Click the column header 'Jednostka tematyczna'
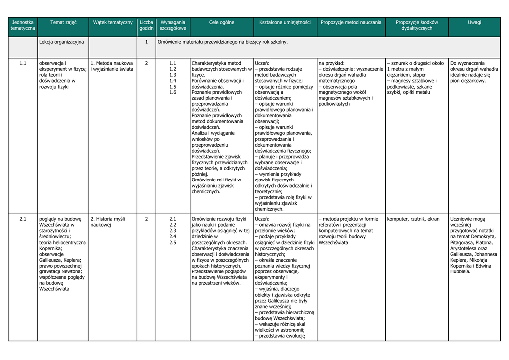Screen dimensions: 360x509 [x=23, y=25]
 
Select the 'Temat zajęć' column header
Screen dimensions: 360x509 [x=63, y=22]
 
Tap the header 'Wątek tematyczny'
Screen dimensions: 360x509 [x=113, y=22]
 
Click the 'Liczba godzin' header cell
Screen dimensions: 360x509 [x=146, y=25]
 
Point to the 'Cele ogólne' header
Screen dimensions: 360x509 [x=221, y=22]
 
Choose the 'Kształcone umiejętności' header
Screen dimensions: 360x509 [x=285, y=22]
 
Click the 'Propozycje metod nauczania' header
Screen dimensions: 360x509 [x=351, y=22]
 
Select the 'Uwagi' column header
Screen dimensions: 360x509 [x=474, y=22]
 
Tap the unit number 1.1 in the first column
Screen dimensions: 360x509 [x=23, y=63]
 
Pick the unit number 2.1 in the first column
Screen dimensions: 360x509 [x=23, y=219]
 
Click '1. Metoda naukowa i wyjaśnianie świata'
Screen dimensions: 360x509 [x=112, y=66]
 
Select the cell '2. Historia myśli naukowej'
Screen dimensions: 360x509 [x=108, y=222]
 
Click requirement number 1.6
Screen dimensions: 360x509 [x=173, y=92]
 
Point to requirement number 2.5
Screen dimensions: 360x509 [x=173, y=242]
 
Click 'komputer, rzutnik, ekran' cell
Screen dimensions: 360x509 [x=413, y=219]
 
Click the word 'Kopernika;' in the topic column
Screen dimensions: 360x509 [x=51, y=248]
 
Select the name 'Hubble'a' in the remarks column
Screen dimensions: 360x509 [x=460, y=272]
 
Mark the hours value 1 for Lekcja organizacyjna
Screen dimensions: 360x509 [x=146, y=42]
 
